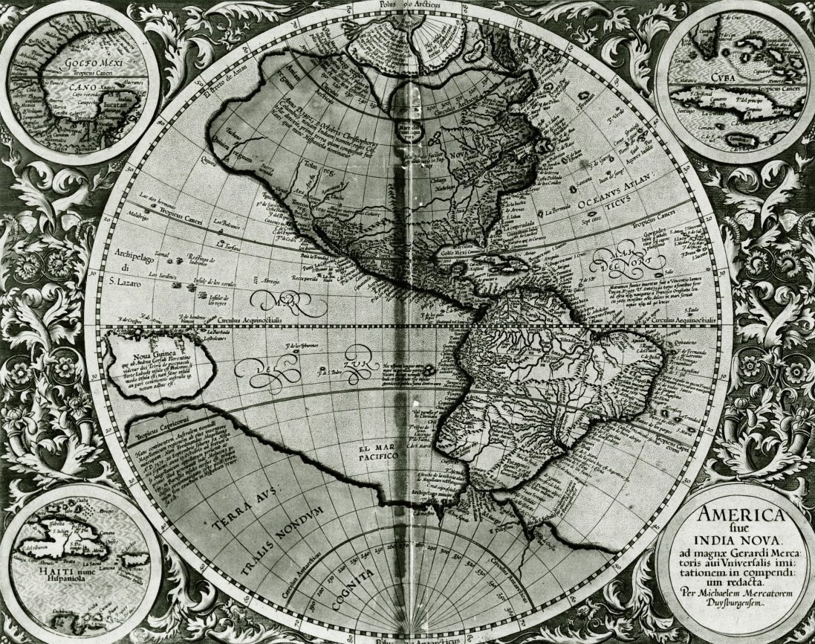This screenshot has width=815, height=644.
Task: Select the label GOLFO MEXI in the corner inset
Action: [x=74, y=65]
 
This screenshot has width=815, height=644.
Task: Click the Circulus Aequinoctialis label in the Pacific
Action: [x=251, y=319]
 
